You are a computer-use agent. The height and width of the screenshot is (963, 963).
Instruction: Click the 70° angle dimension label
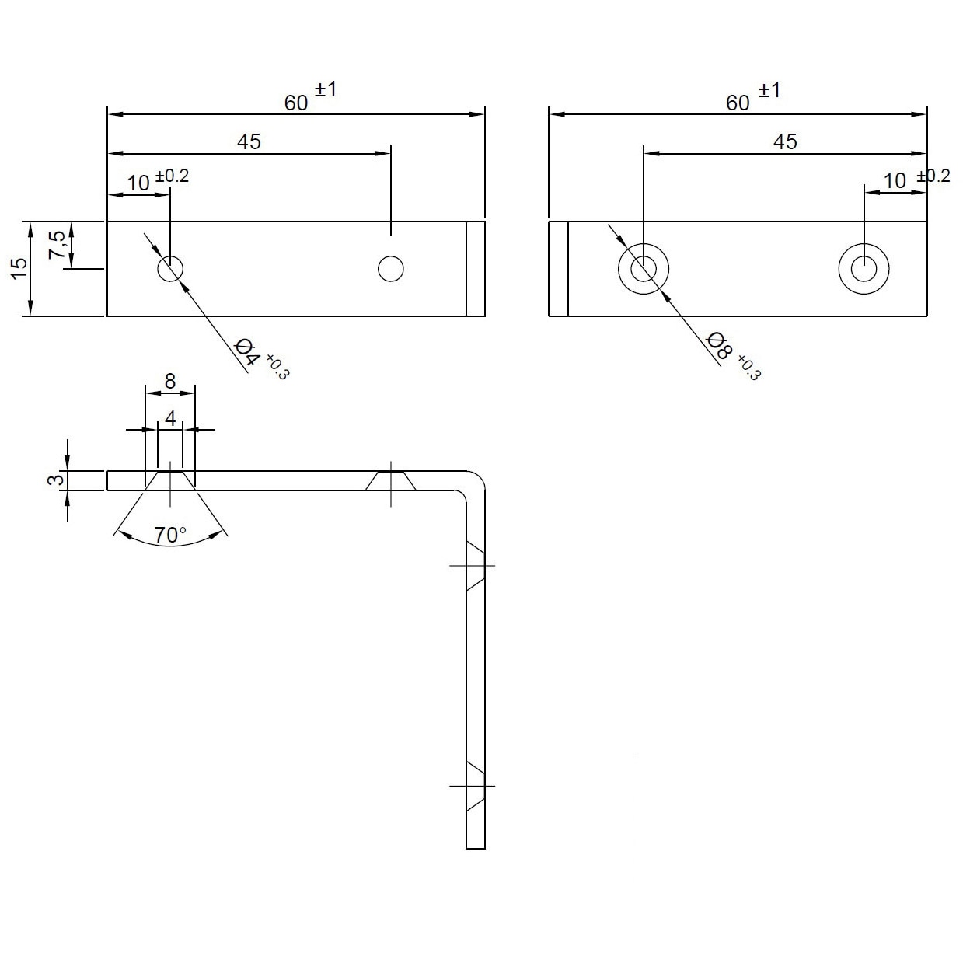[x=169, y=536]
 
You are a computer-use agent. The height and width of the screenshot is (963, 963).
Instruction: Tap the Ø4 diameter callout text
[x=248, y=352]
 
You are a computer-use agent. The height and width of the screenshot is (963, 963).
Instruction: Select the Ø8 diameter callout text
[x=719, y=345]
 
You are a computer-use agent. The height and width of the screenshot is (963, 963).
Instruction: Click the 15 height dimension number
[x=19, y=268]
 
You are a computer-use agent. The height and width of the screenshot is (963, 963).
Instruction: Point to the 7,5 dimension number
[x=57, y=244]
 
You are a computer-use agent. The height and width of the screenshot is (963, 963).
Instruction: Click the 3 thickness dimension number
[x=57, y=480]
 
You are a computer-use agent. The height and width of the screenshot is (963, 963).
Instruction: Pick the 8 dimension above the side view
[x=170, y=381]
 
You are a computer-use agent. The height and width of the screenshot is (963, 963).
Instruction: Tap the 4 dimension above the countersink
[x=170, y=418]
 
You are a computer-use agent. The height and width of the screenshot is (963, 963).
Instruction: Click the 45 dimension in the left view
[x=249, y=142]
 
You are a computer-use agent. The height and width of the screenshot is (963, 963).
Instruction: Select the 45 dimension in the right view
[x=784, y=142]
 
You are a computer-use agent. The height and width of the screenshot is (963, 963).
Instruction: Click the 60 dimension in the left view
[x=296, y=103]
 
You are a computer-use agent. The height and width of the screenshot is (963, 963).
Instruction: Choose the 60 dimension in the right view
[x=738, y=103]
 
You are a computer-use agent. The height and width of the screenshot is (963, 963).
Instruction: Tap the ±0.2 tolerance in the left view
[x=172, y=176]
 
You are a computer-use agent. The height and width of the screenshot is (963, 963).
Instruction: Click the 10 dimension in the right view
[x=895, y=181]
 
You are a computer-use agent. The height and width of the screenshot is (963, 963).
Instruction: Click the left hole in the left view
[x=170, y=269]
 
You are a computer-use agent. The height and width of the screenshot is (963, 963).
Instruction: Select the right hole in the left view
[x=391, y=269]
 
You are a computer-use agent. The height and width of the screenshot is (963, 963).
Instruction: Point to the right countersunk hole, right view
[x=864, y=269]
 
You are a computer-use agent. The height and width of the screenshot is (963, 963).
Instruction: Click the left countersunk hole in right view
[x=644, y=269]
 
